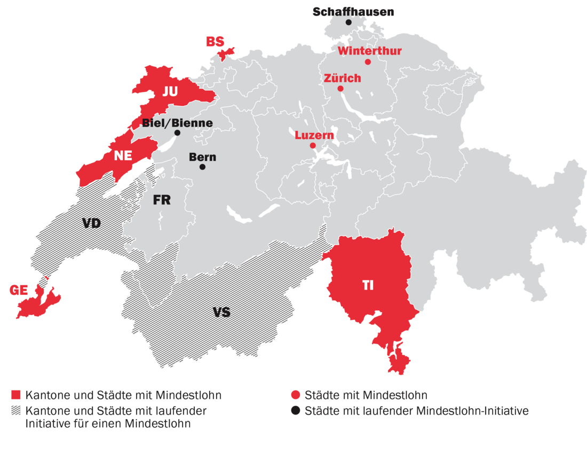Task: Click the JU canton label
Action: click(170, 91)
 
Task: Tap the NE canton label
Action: click(123, 157)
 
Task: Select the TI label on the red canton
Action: click(368, 285)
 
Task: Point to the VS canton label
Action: click(221, 312)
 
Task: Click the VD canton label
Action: click(91, 223)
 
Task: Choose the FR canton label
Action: click(162, 200)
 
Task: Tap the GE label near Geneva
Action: click(18, 290)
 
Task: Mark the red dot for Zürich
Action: click(340, 89)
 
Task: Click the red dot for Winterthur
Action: click(368, 62)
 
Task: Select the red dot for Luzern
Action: click(313, 145)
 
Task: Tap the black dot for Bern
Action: click(202, 167)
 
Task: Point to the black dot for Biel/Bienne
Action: click(177, 133)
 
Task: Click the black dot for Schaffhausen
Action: click(348, 22)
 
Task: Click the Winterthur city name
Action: click(369, 51)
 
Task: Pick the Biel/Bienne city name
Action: click(177, 123)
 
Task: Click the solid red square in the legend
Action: click(16, 396)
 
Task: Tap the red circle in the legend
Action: click(295, 396)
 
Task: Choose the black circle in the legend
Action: click(295, 411)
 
